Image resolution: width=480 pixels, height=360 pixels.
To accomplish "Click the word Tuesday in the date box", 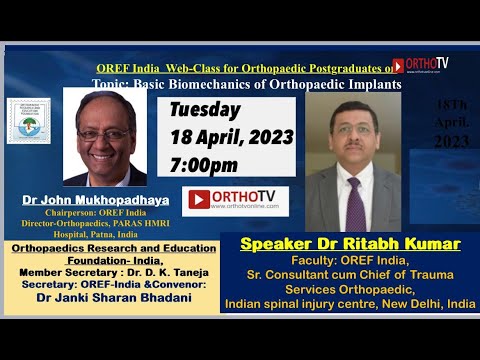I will [x=205, y=111].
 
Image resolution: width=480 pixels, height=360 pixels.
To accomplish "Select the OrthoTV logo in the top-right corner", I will [x=421, y=65].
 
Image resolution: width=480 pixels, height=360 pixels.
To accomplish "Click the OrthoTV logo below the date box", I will [x=235, y=200].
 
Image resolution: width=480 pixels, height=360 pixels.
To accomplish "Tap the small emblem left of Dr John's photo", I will [x=29, y=120].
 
